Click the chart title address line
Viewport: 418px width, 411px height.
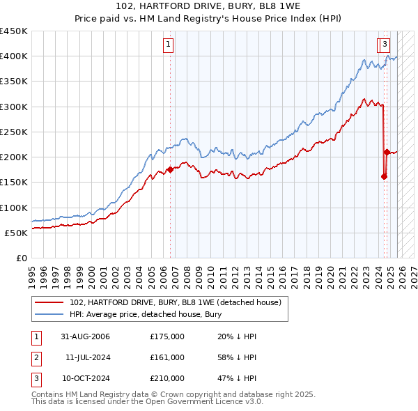[x=208, y=6]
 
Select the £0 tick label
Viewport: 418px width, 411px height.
[x=21, y=258]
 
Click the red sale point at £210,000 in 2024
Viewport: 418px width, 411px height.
[x=387, y=152]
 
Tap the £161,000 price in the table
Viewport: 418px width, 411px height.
[x=167, y=357]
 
